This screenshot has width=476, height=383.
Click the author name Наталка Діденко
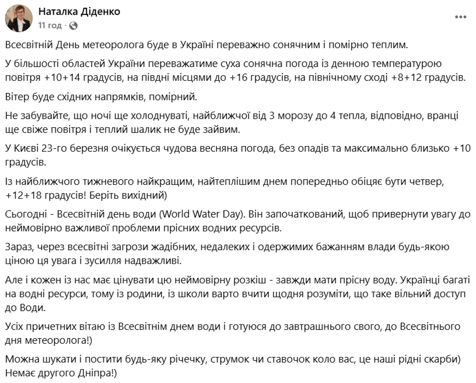[79, 12]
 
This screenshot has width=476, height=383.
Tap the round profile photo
[19, 18]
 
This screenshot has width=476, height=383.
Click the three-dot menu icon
[460, 17]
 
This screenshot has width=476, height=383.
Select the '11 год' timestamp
[50, 25]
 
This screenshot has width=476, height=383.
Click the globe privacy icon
[73, 26]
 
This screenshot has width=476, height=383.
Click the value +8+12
[406, 77]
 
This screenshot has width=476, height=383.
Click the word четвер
[426, 181]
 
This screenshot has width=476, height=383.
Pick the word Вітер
[17, 97]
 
